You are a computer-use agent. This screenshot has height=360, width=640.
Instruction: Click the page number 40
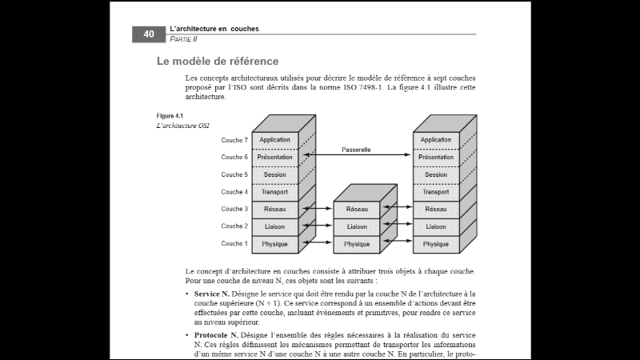pyautogui.click(x=149, y=34)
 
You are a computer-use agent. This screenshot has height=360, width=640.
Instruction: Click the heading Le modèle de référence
pyautogui.click(x=218, y=61)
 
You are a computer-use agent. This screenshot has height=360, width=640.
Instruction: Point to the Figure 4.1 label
pyautogui.click(x=170, y=116)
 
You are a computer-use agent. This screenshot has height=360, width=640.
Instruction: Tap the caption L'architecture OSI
pyautogui.click(x=183, y=126)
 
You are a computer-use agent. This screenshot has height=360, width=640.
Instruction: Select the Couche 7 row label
pyautogui.click(x=234, y=140)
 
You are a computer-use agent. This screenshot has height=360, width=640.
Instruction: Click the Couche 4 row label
pyautogui.click(x=234, y=192)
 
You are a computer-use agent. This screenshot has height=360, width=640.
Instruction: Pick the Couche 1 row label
pyautogui.click(x=234, y=243)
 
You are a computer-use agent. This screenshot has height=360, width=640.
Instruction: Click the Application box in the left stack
pyautogui.click(x=275, y=140)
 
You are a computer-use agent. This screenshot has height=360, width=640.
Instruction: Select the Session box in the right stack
pyautogui.click(x=436, y=174)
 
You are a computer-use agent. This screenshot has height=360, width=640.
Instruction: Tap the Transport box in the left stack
pyautogui.click(x=275, y=192)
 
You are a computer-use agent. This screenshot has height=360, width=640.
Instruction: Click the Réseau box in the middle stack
pyautogui.click(x=357, y=210)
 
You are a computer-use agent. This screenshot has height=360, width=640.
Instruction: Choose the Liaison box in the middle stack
pyautogui.click(x=357, y=226)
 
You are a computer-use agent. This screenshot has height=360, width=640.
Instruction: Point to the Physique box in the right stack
pyautogui.click(x=436, y=244)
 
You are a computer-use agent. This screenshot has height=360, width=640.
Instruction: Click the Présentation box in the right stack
pyautogui.click(x=436, y=158)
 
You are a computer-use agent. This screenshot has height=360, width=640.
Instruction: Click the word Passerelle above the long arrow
pyautogui.click(x=355, y=149)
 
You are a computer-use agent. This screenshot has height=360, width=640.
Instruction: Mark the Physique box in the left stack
pyautogui.click(x=275, y=244)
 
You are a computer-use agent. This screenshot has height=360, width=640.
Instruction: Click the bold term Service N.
pyautogui.click(x=212, y=294)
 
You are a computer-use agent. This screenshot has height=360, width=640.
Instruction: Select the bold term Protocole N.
pyautogui.click(x=215, y=335)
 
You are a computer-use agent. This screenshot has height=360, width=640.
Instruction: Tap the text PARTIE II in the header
pyautogui.click(x=183, y=38)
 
